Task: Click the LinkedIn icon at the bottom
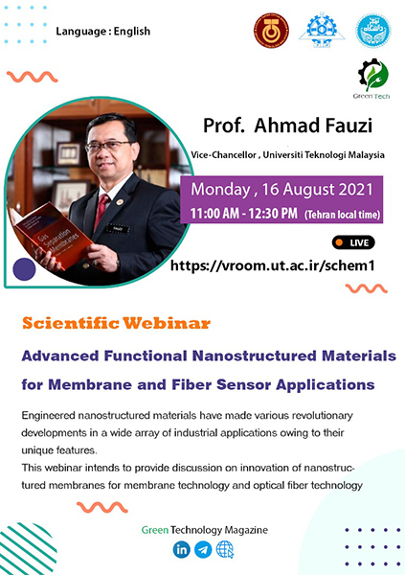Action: pyautogui.click(x=181, y=549)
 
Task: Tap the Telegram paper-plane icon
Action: pyautogui.click(x=203, y=549)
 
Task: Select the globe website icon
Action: pyautogui.click(x=225, y=549)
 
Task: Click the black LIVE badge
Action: pyautogui.click(x=353, y=242)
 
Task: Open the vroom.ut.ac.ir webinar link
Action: pyautogui.click(x=273, y=265)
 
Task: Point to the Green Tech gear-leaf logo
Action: pyautogui.click(x=372, y=79)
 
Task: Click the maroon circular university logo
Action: pyautogui.click(x=271, y=31)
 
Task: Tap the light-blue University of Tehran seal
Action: pyautogui.click(x=373, y=31)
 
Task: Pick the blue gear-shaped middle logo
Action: pyautogui.click(x=322, y=30)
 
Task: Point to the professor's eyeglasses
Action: pyautogui.click(x=108, y=146)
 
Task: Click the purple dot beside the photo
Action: pyautogui.click(x=24, y=269)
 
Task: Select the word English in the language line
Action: pyautogui.click(x=132, y=32)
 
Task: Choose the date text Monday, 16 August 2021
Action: pyautogui.click(x=281, y=189)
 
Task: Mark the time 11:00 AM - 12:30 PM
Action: pyautogui.click(x=244, y=213)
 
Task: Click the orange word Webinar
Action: pyautogui.click(x=167, y=323)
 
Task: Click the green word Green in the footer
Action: pyautogui.click(x=155, y=530)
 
